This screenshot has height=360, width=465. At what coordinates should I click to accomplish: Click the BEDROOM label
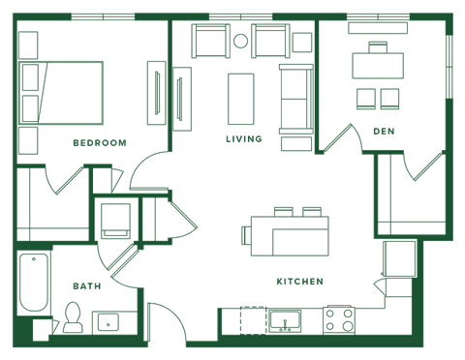[99, 141]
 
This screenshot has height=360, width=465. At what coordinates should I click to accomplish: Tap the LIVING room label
[244, 138]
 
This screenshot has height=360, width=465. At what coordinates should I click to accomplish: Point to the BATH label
[85, 285]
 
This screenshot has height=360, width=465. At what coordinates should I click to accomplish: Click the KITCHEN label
[298, 282]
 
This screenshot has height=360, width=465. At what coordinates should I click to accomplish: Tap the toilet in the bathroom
[73, 316]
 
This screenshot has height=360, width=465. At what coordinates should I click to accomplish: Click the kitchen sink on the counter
[285, 319]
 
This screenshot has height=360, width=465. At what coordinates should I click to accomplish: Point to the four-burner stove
[339, 319]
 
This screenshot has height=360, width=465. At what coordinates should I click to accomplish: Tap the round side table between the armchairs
[240, 41]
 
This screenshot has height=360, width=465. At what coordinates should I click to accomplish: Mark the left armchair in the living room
[208, 43]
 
